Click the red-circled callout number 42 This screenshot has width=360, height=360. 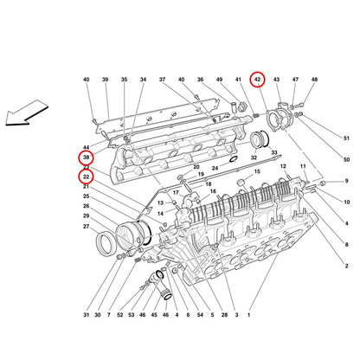click(257, 80)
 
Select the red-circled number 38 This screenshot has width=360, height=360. click(87, 157)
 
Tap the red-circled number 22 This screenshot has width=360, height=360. click(87, 177)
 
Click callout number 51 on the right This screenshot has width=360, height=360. click(346, 138)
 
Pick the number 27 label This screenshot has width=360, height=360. click(87, 227)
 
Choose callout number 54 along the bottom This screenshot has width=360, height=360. click(199, 315)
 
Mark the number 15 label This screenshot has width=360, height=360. click(257, 171)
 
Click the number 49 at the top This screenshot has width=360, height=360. click(220, 80)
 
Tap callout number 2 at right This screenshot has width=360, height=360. click(347, 266)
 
